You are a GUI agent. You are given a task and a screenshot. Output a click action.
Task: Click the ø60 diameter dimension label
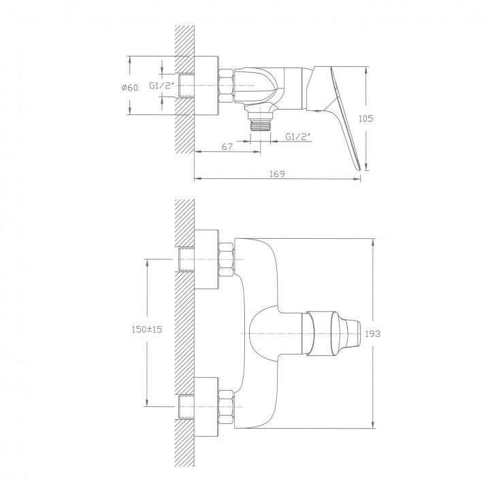(x=130, y=87)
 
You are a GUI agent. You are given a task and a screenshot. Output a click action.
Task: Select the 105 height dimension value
(x=365, y=118)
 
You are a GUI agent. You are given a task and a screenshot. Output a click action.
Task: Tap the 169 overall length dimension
(x=277, y=174)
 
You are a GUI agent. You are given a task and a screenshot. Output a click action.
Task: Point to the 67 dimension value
(x=227, y=146)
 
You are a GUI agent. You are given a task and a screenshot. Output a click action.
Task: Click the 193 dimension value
(x=372, y=333)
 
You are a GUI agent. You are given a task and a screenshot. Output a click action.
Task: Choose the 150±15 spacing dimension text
(x=147, y=329)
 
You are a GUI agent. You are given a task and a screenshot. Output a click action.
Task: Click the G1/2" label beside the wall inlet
(x=161, y=85)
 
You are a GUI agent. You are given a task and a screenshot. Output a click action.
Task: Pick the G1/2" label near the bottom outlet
(x=298, y=137)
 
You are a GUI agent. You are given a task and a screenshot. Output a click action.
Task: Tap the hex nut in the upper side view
(x=226, y=86)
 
